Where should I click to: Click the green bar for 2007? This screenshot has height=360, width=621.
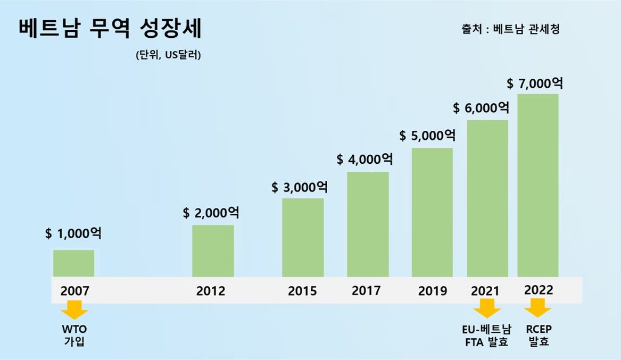tap(73, 263)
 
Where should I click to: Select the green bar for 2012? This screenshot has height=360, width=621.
tap(213, 250)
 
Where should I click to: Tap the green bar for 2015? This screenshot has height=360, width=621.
tap(303, 237)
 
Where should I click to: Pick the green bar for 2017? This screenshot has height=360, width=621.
tap(368, 224)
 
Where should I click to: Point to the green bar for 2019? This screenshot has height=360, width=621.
tap(432, 212)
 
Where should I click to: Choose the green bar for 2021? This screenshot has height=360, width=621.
tap(487, 198)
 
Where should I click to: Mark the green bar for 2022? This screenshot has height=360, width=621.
tap(537, 185)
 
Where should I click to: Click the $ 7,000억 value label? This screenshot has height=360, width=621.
tap(534, 83)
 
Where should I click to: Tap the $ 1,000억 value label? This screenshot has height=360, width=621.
tap(73, 233)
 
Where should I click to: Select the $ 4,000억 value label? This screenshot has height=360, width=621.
tap(365, 159)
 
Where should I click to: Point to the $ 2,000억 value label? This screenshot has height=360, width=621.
tap(211, 213)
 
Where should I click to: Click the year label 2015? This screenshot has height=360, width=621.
tap(302, 291)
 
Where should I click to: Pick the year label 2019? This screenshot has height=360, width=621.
tap(432, 291)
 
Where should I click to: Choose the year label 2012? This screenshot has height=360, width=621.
tap(210, 291)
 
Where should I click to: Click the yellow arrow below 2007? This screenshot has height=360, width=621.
tap(74, 309)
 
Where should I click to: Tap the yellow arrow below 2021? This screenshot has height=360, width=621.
tap(487, 308)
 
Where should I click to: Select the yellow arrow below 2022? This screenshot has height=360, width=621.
tap(537, 308)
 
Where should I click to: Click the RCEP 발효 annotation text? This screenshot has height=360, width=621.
tap(539, 335)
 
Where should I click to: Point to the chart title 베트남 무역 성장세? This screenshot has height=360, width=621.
tap(110, 29)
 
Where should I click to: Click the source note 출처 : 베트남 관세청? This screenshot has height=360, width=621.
tap(510, 29)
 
